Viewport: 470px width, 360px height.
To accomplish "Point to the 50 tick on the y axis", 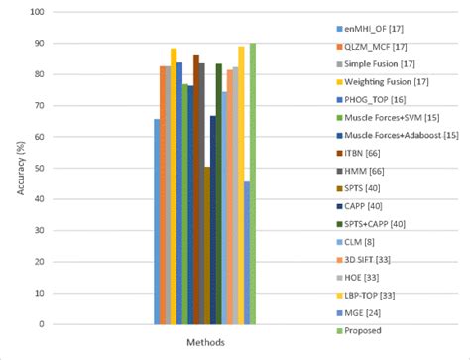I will tap(40, 168).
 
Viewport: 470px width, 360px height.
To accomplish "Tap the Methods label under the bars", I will tap(203, 341).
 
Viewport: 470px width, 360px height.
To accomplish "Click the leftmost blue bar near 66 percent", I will tap(157, 221).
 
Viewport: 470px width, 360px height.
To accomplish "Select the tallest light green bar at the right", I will tap(252, 183).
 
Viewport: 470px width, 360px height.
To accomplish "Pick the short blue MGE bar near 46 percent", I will tap(246, 252).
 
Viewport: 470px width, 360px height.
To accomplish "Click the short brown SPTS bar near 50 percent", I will tap(207, 245).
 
